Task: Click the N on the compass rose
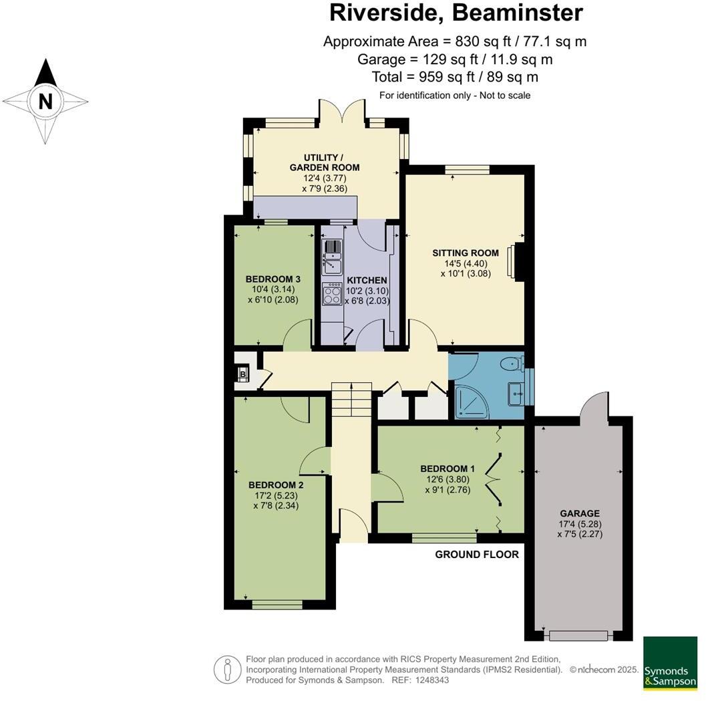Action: (45, 102)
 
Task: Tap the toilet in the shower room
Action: (514, 363)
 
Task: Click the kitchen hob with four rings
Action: (332, 294)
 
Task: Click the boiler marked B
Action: (243, 374)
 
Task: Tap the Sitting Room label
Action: (466, 253)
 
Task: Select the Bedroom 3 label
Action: (273, 279)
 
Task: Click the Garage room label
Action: (580, 513)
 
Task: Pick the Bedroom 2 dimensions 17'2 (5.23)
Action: (277, 495)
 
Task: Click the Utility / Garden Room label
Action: (325, 162)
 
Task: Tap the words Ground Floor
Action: (477, 554)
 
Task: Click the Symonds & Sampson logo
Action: (670, 663)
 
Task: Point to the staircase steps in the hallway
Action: (351, 400)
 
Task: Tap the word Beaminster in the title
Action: (518, 13)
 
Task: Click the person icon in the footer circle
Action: (227, 670)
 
